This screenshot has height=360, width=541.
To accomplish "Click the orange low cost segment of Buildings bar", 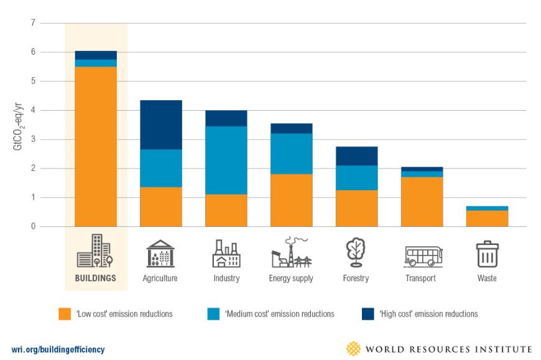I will click(x=96, y=146).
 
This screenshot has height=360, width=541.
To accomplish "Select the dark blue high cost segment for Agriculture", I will click(x=161, y=124).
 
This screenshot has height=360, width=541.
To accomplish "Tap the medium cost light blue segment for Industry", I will click(x=226, y=160).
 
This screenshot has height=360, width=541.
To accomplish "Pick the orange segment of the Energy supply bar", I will click(x=291, y=200).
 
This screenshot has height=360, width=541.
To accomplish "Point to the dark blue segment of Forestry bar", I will click(x=356, y=156).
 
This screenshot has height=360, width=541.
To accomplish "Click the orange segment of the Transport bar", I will click(x=422, y=201).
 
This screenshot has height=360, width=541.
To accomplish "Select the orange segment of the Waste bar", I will click(x=487, y=218).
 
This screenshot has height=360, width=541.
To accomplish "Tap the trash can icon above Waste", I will click(x=487, y=254).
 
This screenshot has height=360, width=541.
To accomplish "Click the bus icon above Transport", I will click(x=423, y=256).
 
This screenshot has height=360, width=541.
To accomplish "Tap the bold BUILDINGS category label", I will click(x=96, y=279).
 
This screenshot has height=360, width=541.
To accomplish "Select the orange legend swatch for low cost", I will click(x=65, y=314).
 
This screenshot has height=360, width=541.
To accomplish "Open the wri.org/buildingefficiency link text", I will click(x=58, y=349).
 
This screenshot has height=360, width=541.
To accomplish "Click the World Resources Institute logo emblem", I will click(x=353, y=348).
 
